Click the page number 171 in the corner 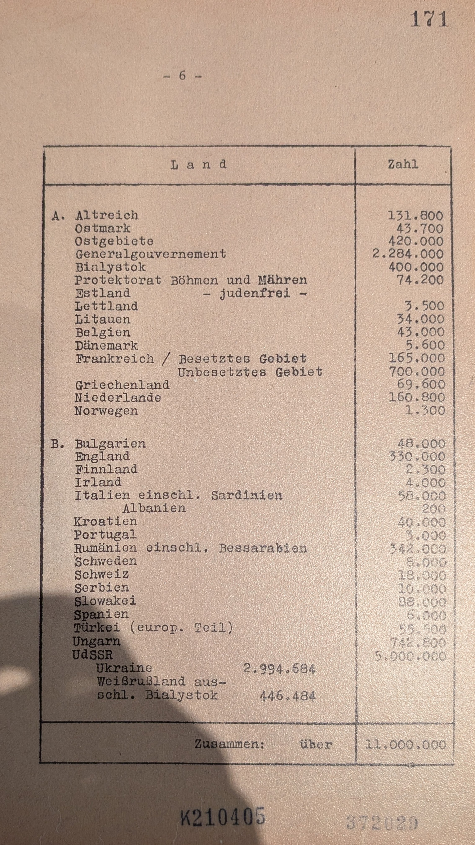pos(429,20)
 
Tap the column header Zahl pos(403,164)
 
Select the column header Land pos(199,164)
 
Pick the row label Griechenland pos(122,385)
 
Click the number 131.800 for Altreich pos(415,215)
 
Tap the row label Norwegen pos(106,411)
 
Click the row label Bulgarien pos(110,444)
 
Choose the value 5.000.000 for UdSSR pos(410,656)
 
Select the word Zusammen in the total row pos(229,744)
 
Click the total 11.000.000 pos(405,745)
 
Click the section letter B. pos(57,444)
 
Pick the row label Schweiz pos(102,575)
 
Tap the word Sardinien pos(246,495)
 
